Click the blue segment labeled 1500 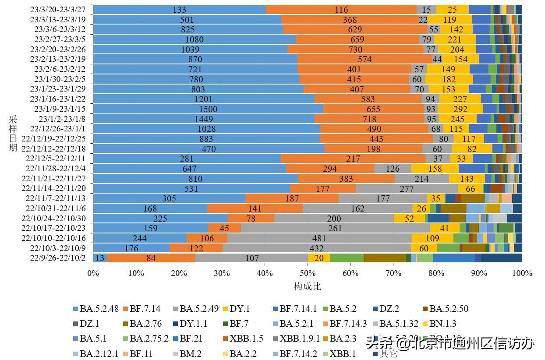(208, 109)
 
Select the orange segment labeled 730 (355, 49)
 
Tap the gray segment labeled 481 (319, 238)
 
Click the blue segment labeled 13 (100, 258)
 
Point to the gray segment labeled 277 (407, 189)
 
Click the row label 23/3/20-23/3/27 (58, 10)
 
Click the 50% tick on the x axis (308, 273)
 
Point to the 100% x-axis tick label (522, 273)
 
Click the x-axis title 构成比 (308, 286)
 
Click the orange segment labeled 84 (151, 258)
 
